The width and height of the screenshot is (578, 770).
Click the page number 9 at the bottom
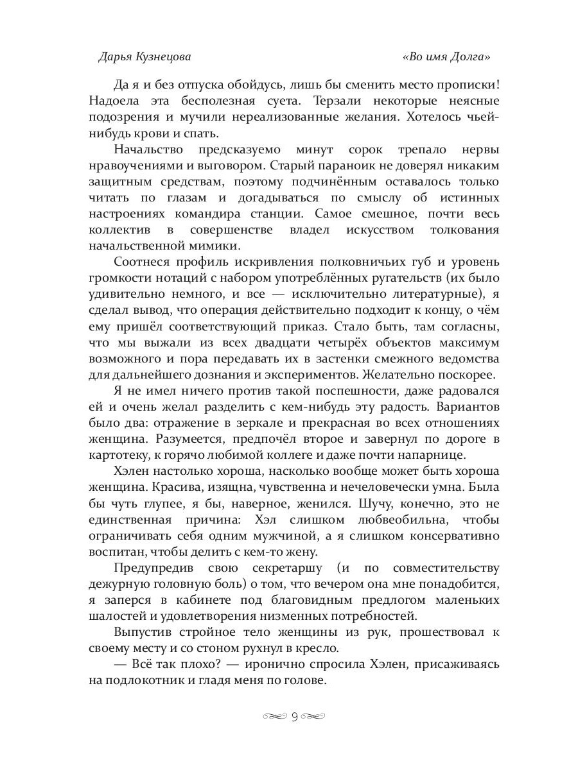[x=295, y=716]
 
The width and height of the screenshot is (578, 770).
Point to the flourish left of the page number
[x=276, y=716]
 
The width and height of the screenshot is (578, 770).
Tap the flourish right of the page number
[x=314, y=716]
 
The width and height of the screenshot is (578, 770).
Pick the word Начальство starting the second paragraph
[x=148, y=150]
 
